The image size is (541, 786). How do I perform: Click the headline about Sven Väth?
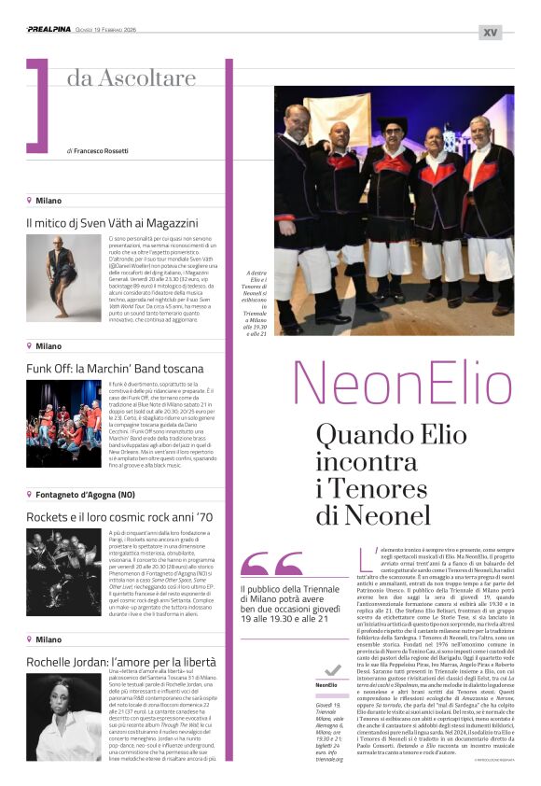click(112, 223)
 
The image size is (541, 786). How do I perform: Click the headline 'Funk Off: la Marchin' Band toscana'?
click(114, 368)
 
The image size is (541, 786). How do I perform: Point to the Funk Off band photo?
click(63, 410)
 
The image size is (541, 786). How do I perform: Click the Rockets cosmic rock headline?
click(119, 515)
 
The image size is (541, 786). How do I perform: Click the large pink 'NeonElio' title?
click(403, 384)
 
